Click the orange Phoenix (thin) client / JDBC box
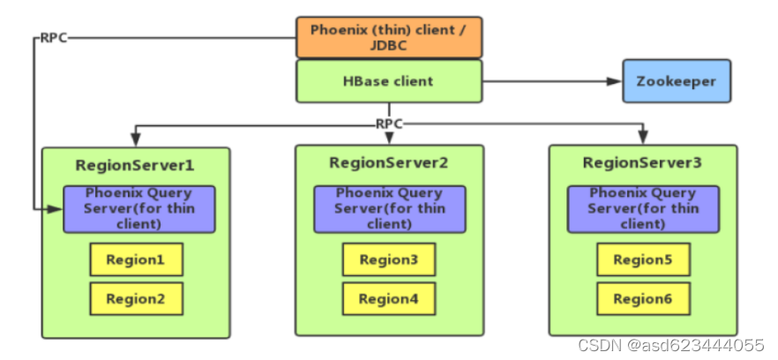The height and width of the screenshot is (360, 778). click(389, 37)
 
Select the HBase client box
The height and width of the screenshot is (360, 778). click(389, 81)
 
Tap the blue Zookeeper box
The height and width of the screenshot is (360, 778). click(677, 81)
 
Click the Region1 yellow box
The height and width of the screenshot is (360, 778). click(136, 259)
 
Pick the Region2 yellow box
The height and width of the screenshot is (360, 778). click(136, 298)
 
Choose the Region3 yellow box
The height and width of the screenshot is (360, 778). click(389, 259)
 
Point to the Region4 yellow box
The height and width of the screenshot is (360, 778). click(389, 298)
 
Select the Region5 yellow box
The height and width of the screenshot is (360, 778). click(643, 259)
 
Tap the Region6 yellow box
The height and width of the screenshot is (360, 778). click(643, 298)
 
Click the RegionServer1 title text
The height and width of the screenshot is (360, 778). click(135, 165)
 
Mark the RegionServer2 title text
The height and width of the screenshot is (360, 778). click(389, 162)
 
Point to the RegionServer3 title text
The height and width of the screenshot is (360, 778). click(643, 162)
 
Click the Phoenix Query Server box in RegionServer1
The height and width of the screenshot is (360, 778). click(138, 209)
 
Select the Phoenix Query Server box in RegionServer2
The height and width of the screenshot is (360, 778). click(390, 208)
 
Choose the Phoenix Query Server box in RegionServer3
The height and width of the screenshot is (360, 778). click(643, 208)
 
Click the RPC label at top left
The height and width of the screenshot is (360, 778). click(50, 38)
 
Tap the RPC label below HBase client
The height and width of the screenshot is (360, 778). click(389, 124)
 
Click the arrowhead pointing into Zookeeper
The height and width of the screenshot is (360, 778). click(615, 81)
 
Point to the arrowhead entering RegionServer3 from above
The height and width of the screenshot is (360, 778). click(643, 138)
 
